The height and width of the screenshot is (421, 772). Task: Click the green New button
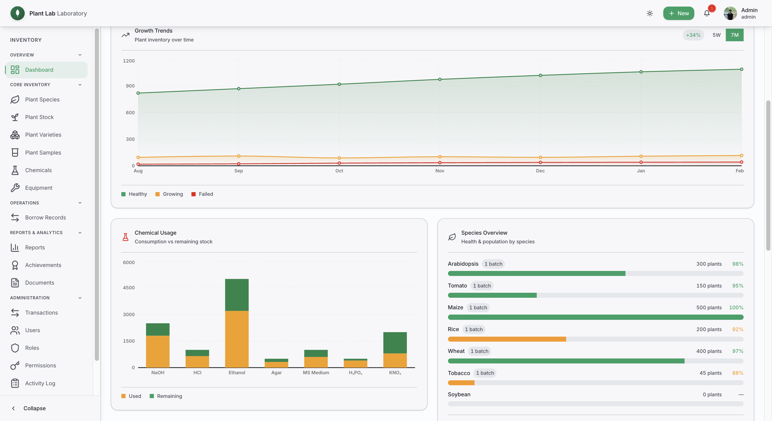click(x=679, y=13)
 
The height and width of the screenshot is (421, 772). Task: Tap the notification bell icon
click(x=707, y=13)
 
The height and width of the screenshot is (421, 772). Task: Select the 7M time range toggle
click(x=734, y=35)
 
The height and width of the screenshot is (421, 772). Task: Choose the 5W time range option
click(x=716, y=35)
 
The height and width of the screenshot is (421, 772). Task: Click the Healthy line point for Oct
click(x=339, y=84)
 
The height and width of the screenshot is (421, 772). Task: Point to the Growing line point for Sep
click(x=238, y=156)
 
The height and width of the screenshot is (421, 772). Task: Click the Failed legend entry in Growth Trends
click(x=202, y=194)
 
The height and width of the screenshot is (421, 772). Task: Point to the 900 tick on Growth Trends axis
click(x=130, y=86)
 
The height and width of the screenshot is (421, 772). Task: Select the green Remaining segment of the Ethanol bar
click(x=237, y=295)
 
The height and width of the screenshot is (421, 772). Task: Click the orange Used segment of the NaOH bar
click(x=158, y=351)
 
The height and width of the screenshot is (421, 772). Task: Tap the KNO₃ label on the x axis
click(x=395, y=372)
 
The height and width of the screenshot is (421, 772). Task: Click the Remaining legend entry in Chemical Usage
click(x=166, y=396)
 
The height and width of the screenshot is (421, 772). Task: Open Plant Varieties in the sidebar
click(x=43, y=135)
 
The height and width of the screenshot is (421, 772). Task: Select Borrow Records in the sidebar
click(x=45, y=218)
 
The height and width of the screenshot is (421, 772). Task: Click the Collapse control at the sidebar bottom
click(x=29, y=408)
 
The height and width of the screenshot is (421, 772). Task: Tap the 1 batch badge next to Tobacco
click(x=485, y=373)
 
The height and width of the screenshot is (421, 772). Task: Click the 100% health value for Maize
click(x=736, y=307)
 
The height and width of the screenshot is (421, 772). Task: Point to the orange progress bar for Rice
click(x=507, y=339)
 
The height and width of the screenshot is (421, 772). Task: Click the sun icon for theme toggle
click(x=650, y=13)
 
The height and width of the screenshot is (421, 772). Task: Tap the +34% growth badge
click(x=693, y=35)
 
